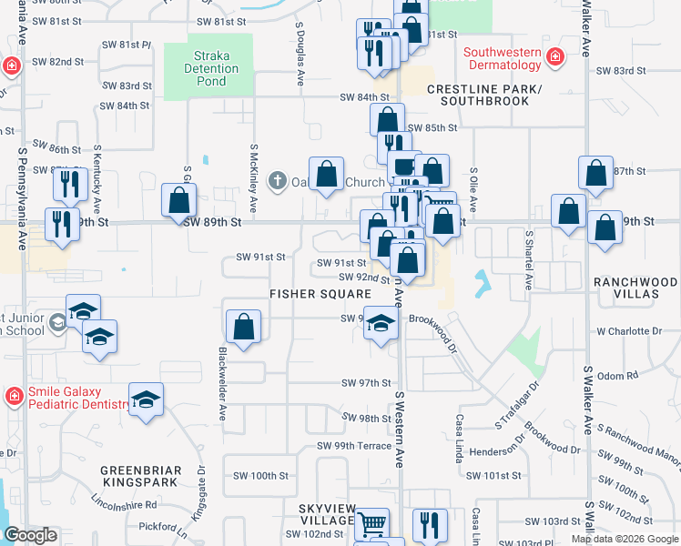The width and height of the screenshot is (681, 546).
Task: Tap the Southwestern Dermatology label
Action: pyautogui.click(x=503, y=59)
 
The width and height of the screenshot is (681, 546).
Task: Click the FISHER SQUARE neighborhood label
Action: pyautogui.click(x=320, y=294)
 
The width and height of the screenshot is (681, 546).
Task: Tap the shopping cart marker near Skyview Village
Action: pyautogui.click(x=371, y=524)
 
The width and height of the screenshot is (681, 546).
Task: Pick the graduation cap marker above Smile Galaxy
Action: pyautogui.click(x=146, y=399)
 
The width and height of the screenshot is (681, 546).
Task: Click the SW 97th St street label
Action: pyautogui.click(x=366, y=384)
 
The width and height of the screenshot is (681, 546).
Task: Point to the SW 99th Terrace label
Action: pyautogui.click(x=354, y=446)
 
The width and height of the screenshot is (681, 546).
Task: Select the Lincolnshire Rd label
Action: pyautogui.click(x=125, y=504)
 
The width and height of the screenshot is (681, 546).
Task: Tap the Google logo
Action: pyautogui.click(x=31, y=536)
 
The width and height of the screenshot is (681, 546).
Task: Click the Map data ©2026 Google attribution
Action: pyautogui.click(x=624, y=540)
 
